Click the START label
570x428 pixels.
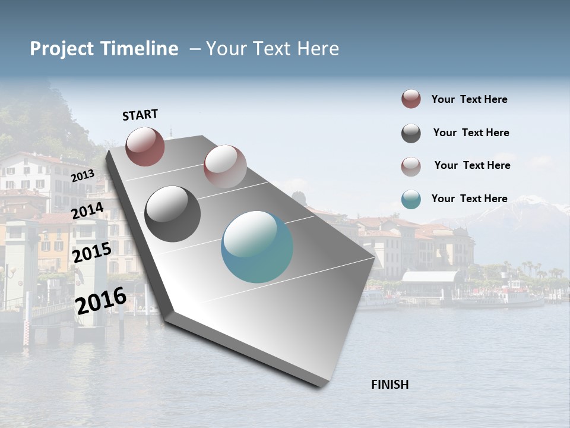click(140, 115)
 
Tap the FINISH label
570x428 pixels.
click(389, 385)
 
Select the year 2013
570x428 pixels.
click(83, 176)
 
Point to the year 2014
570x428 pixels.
click(88, 211)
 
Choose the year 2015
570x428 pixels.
click(92, 253)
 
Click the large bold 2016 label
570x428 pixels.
click(101, 300)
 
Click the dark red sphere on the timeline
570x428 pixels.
click(145, 146)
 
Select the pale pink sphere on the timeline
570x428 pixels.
click(225, 166)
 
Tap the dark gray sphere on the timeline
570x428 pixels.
click(172, 214)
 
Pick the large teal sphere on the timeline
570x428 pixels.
click(257, 247)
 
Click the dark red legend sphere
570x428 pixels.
click(411, 99)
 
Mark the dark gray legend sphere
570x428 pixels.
click(411, 133)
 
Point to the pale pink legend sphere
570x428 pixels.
click(411, 166)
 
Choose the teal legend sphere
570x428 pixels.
click(411, 199)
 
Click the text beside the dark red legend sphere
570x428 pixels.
click(469, 99)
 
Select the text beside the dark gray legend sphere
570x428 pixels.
click(471, 133)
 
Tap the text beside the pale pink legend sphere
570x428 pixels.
click(472, 165)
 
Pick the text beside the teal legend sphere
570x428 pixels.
click(469, 199)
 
